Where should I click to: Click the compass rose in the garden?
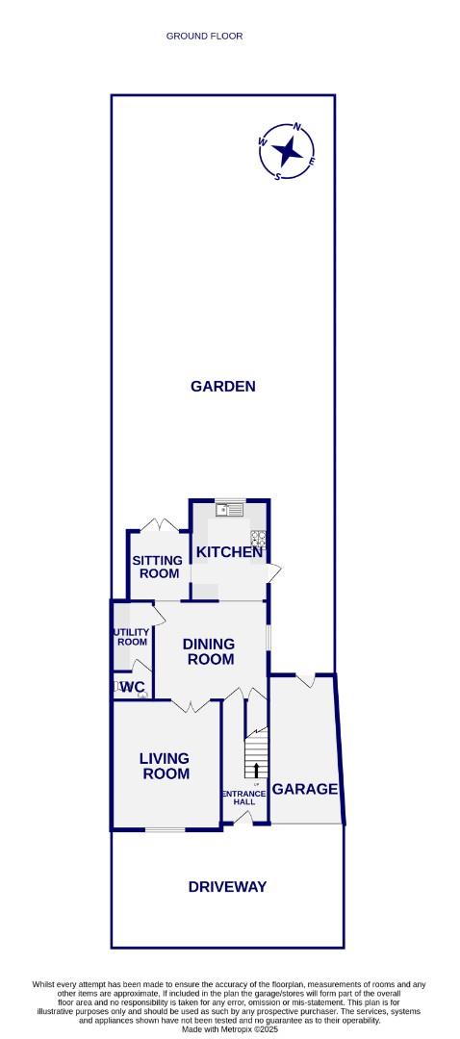(x=286, y=151)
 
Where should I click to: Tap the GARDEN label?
(x=223, y=387)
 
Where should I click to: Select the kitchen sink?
(x=230, y=510)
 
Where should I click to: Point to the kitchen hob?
(x=258, y=538)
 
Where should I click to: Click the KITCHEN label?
(x=229, y=552)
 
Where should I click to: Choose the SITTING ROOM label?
(x=156, y=567)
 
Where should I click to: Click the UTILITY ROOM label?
(x=132, y=637)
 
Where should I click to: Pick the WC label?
(x=133, y=687)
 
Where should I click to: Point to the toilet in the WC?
(x=119, y=686)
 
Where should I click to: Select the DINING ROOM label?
(x=210, y=651)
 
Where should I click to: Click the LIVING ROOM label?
(x=166, y=766)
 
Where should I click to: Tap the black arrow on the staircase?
(x=256, y=770)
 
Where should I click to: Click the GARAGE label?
(x=305, y=789)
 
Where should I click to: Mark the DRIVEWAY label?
(x=227, y=887)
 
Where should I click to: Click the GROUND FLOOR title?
(x=204, y=36)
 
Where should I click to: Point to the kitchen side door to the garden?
(x=273, y=572)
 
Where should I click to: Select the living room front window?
(x=165, y=828)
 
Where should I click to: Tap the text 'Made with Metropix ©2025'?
(x=229, y=1029)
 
